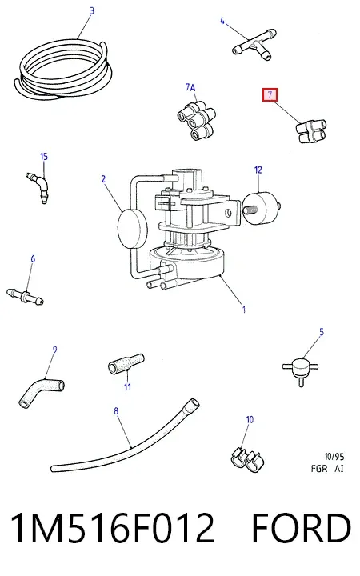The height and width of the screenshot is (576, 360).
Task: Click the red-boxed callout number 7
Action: tap(270, 95)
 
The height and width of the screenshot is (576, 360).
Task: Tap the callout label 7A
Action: tap(190, 87)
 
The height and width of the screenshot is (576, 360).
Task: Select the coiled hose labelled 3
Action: tap(62, 70)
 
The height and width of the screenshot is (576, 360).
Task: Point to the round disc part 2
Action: tap(132, 229)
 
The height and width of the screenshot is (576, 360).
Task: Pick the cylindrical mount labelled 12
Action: tap(261, 209)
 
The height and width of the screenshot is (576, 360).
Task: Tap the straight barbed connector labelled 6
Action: tap(25, 297)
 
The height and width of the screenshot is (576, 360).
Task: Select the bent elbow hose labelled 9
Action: tap(41, 393)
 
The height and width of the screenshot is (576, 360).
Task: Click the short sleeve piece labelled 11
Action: tap(126, 364)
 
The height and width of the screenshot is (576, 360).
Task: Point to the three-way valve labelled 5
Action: tap(301, 368)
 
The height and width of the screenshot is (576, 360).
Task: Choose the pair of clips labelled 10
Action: tap(247, 460)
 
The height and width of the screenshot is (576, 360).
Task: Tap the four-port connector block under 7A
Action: tap(196, 121)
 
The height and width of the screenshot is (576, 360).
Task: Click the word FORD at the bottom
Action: tap(302, 527)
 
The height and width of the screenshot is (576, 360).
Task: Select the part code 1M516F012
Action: tap(113, 527)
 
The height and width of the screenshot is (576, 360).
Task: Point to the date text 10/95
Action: tap(334, 457)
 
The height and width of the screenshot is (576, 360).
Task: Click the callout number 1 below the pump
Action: tap(243, 310)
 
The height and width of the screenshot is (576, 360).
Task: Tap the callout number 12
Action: tap(258, 170)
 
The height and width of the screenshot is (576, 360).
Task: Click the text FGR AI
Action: tap(327, 468)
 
